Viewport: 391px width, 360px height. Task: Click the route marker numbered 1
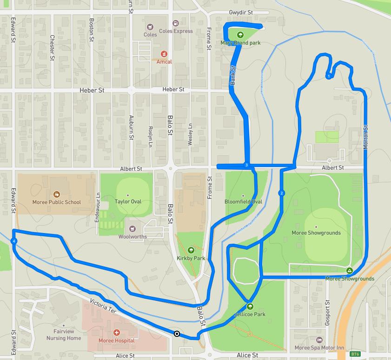(x=329, y=76)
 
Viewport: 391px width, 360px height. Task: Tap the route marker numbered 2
(x=281, y=193)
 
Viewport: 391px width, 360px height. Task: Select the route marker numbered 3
(x=246, y=166)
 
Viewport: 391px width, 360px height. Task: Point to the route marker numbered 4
(x=14, y=241)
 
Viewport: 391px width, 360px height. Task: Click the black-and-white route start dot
(x=177, y=333)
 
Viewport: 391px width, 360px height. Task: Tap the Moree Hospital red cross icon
(x=116, y=333)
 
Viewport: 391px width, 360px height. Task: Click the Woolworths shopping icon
(x=133, y=228)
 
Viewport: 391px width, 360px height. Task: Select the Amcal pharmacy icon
(x=164, y=54)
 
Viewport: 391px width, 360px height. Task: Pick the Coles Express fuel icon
(x=176, y=23)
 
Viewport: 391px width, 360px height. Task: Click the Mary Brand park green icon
(x=240, y=34)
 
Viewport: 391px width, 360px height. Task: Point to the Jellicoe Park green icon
(x=250, y=306)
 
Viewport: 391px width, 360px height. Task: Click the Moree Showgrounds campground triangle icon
(x=349, y=271)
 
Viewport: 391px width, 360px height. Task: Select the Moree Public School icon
(x=56, y=194)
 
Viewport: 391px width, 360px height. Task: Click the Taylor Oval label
(x=128, y=202)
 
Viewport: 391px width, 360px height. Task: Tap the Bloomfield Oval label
(x=243, y=202)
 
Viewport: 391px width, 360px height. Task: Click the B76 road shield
(x=355, y=354)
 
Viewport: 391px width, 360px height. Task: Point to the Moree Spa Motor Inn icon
(x=319, y=340)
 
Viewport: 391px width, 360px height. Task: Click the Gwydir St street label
(x=240, y=13)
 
